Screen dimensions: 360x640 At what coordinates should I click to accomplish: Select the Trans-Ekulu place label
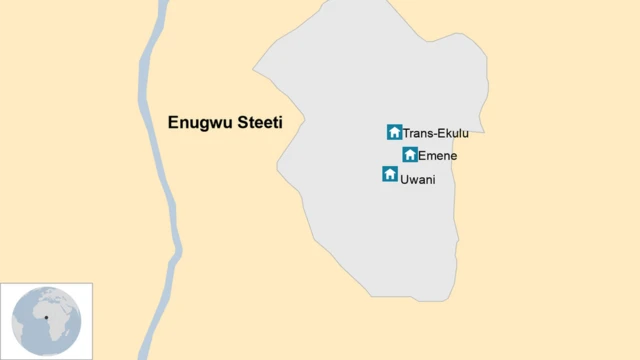pos(435,133)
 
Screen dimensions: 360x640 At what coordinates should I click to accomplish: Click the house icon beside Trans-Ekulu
pos(394,132)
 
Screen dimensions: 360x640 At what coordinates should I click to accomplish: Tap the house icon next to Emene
pos(410,154)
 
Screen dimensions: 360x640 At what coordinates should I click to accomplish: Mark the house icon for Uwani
pos(390,174)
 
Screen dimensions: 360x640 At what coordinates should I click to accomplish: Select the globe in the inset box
pos(46,320)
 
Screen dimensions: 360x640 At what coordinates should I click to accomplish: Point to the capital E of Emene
pos(422,155)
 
